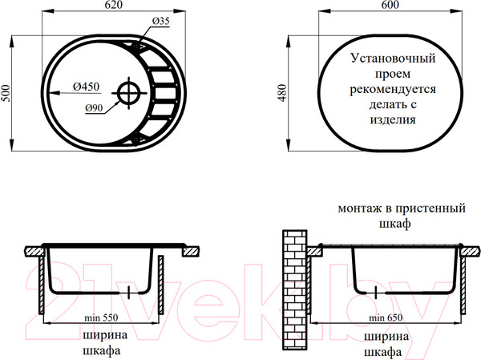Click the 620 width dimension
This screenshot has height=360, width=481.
(114, 5)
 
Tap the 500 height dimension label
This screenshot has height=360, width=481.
(6, 93)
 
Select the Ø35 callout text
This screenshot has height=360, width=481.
(160, 21)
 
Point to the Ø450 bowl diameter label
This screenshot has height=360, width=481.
(87, 87)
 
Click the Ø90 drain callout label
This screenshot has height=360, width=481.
(94, 108)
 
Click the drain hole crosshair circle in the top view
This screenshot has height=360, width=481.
(129, 93)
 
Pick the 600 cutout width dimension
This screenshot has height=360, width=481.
(390, 5)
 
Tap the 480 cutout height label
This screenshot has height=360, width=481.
(282, 93)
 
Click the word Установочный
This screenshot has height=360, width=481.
(393, 58)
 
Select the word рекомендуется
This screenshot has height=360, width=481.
(393, 89)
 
